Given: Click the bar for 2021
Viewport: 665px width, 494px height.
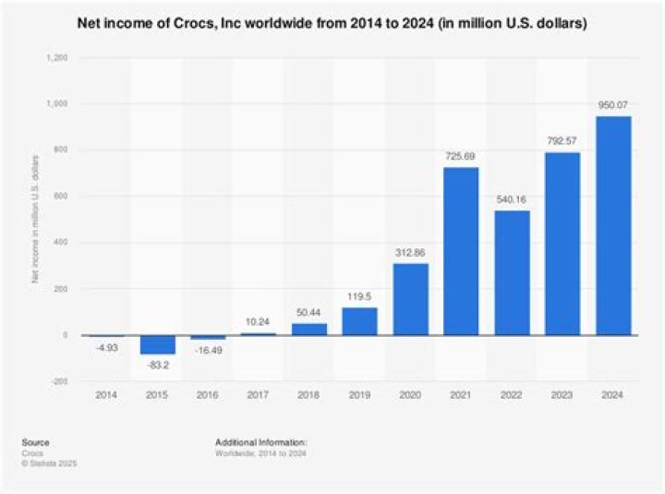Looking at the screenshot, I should point(461,251).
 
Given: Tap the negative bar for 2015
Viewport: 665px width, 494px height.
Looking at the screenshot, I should point(157,344).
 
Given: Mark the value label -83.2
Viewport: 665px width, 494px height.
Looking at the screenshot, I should point(157,366).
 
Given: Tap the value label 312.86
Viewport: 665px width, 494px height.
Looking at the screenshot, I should point(410,253).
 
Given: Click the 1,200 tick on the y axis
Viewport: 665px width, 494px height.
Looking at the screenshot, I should point(56,57).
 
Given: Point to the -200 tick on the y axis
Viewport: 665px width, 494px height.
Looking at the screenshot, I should point(58,381).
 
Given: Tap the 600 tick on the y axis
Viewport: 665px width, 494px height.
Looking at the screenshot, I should point(60,197).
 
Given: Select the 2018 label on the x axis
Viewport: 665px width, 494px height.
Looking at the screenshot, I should point(309,396).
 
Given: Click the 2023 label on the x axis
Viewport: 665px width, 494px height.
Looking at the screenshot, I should point(562,396).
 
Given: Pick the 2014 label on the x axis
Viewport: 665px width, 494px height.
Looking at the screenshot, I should point(107,396).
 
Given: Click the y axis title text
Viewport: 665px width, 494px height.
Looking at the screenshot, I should point(36,220).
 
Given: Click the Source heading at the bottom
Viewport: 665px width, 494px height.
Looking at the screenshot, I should point(38,442).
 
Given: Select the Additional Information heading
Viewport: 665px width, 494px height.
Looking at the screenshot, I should point(260,442).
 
